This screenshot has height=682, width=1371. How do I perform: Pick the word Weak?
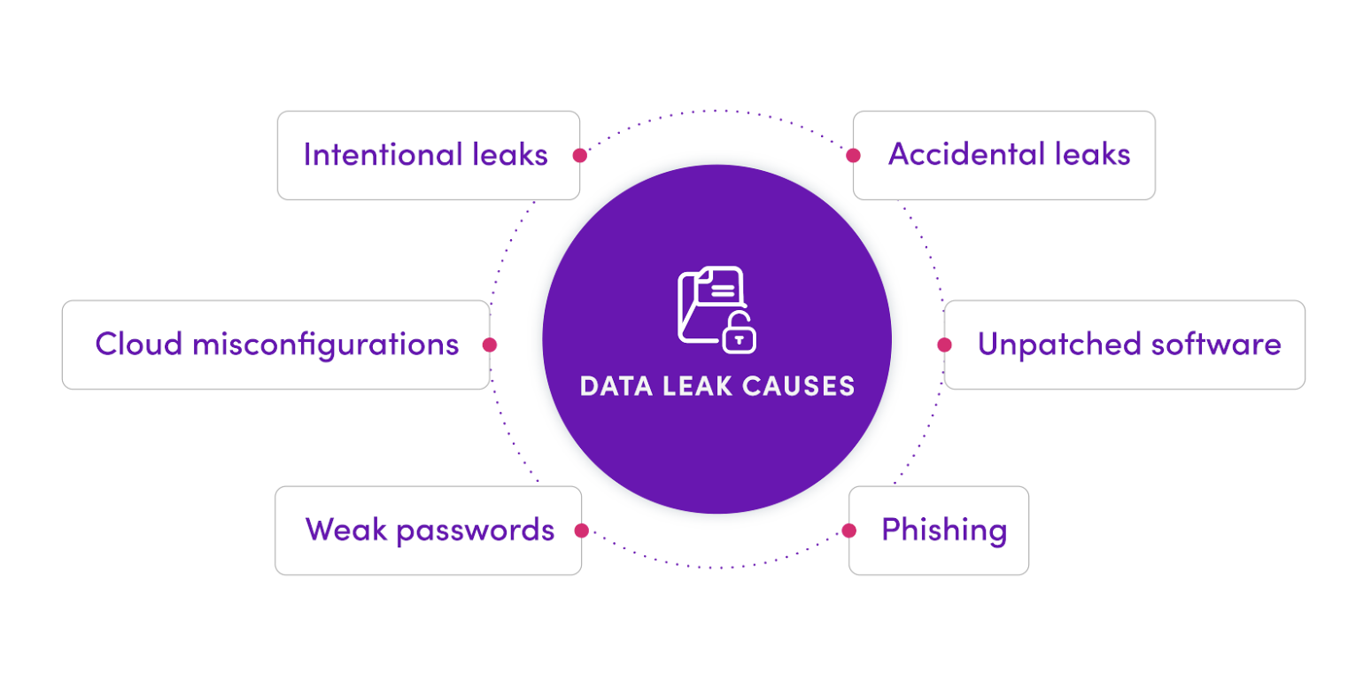pos(345,530)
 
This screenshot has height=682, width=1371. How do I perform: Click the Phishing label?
pos(944,531)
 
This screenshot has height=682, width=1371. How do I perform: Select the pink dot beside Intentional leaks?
pos(580,155)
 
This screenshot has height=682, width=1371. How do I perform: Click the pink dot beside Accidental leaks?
pos(853,155)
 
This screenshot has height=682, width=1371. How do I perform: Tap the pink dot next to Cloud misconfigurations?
pos(490,345)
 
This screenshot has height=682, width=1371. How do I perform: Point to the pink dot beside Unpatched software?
pos(945,344)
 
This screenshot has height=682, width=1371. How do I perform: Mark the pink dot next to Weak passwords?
pos(581,531)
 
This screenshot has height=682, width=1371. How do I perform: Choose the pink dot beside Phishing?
pos(849,531)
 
